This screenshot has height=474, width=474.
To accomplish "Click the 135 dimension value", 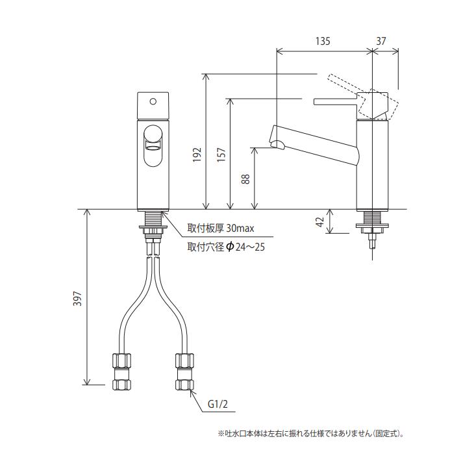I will pyautogui.click(x=323, y=41).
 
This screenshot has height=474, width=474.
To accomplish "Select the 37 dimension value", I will pyautogui.click(x=382, y=41).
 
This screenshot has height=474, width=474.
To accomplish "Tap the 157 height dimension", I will pyautogui.click(x=221, y=154).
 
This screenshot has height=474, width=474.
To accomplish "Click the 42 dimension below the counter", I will pyautogui.click(x=319, y=221).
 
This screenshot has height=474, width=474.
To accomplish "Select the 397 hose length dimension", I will pyautogui.click(x=78, y=297).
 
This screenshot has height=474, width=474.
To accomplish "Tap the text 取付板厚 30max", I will pyautogui.click(x=221, y=229).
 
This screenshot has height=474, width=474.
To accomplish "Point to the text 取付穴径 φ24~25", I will pyautogui.click(x=224, y=247).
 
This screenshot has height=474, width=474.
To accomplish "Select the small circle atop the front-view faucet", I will pyautogui.click(x=153, y=101).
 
